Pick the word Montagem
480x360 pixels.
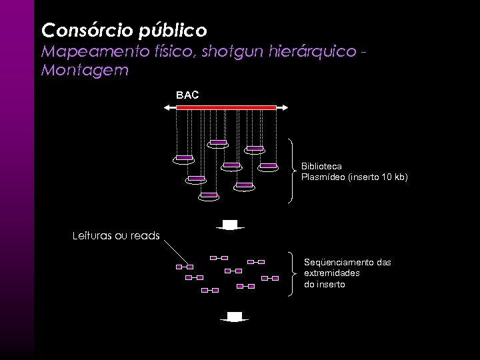(84, 70)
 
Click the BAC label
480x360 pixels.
(187, 95)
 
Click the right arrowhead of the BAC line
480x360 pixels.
(285, 107)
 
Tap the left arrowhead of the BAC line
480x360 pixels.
(167, 107)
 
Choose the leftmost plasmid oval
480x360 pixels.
(184, 159)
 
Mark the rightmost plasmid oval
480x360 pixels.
(268, 165)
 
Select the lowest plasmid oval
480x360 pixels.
(209, 195)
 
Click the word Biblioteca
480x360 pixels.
(321, 165)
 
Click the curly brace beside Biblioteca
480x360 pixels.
(294, 171)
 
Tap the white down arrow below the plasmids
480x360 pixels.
(230, 225)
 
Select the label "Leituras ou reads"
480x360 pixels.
(115, 235)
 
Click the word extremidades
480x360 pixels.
(332, 273)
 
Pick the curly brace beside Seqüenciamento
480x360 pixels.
(294, 273)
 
